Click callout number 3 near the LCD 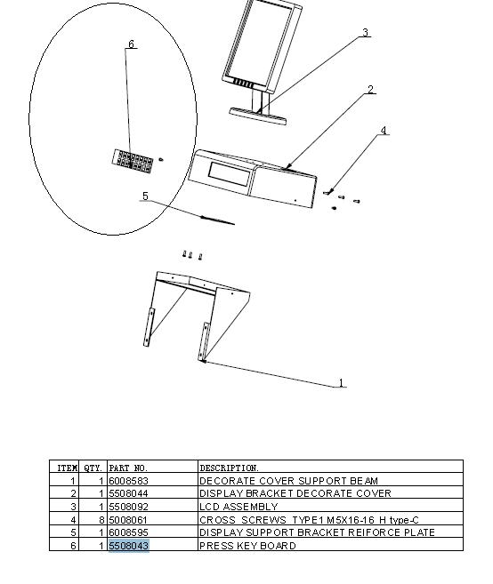tap(366, 33)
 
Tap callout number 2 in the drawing tap(370, 90)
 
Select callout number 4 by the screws tap(384, 131)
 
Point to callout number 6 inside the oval tap(131, 44)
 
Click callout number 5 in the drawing tap(145, 196)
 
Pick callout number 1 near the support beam tap(341, 382)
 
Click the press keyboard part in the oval tap(133, 162)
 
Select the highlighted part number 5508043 tap(129, 546)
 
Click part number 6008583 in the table tap(129, 481)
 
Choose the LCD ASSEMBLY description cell tap(238, 507)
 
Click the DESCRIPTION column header tap(229, 468)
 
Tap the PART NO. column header tap(128, 468)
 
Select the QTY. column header tap(93, 468)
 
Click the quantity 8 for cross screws tap(101, 520)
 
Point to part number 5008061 tap(129, 520)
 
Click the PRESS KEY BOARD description tap(247, 546)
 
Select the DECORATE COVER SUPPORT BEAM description tap(289, 481)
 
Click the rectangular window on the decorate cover tap(230, 174)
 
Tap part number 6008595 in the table tap(129, 532)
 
